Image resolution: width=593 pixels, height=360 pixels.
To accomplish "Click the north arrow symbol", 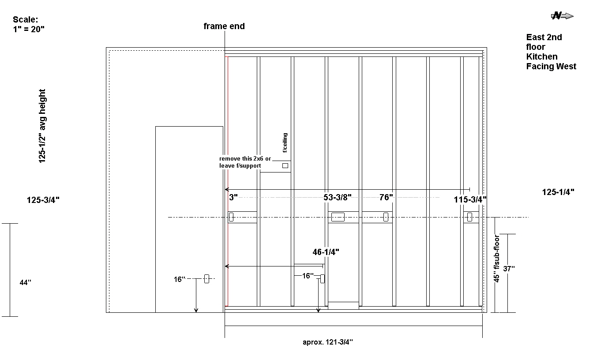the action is [x=562, y=16].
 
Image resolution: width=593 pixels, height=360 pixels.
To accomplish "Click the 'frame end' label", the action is [x=224, y=26].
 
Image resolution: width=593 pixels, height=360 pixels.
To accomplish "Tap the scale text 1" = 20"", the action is [x=29, y=29].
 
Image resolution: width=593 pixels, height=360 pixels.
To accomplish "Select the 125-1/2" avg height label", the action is [x=42, y=126].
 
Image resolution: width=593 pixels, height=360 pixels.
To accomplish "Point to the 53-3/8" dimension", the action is [x=337, y=197].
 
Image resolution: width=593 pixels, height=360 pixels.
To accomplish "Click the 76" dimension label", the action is [x=386, y=197].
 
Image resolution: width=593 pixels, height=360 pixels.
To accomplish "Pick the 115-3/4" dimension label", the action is [x=470, y=199].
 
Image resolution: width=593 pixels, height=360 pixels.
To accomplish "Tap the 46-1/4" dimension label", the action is [x=326, y=252].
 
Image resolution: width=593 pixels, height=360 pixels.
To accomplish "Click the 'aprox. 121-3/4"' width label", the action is [x=328, y=342].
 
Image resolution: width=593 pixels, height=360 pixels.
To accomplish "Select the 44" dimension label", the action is [x=26, y=282].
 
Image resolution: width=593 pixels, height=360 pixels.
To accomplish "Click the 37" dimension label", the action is [x=509, y=269].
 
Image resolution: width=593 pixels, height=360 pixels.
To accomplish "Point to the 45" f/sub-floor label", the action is [x=496, y=259].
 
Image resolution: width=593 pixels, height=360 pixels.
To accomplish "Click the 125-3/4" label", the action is [x=43, y=200].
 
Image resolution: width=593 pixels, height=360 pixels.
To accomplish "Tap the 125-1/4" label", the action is [x=558, y=192].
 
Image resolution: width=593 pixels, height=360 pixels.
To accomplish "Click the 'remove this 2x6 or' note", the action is [x=245, y=158].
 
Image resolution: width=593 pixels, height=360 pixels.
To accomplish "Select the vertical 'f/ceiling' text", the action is [x=285, y=142].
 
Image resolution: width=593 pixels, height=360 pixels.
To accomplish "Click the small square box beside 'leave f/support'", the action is [x=285, y=166].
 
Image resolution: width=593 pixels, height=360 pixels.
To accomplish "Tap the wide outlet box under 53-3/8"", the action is [x=338, y=217].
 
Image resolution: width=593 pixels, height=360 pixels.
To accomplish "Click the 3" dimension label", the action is [x=233, y=197].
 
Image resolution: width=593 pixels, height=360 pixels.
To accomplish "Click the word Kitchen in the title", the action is [x=542, y=56].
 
